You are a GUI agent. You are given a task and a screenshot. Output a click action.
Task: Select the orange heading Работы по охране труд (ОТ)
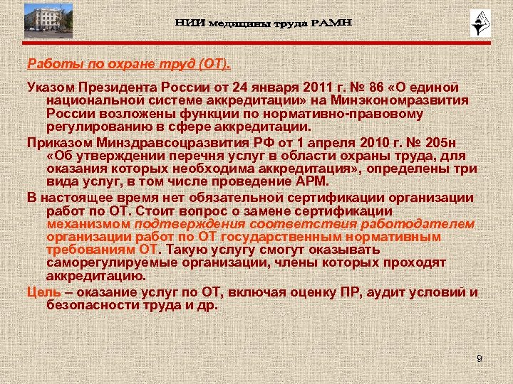pos(129,65)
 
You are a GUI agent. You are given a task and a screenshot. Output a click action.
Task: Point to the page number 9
pos(480,359)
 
